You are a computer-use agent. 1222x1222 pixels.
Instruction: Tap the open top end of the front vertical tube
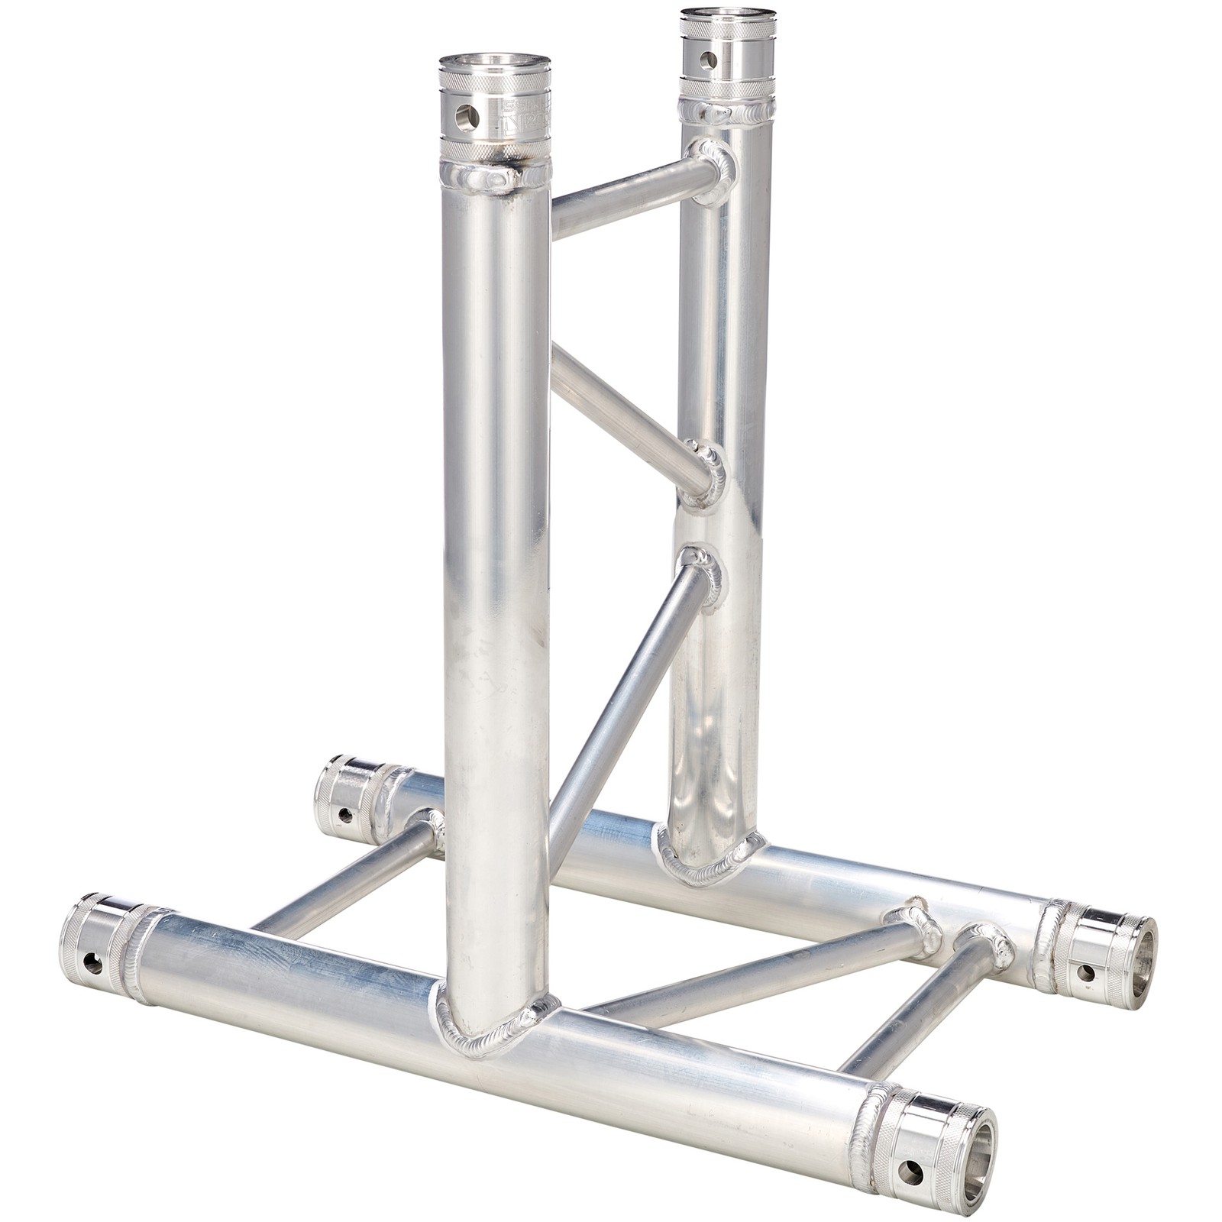point(495,63)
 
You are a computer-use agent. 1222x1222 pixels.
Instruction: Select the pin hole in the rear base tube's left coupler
point(345,815)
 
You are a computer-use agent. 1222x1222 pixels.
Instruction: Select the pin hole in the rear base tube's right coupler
point(1084,972)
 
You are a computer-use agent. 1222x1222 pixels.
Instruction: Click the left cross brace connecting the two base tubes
point(344,878)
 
